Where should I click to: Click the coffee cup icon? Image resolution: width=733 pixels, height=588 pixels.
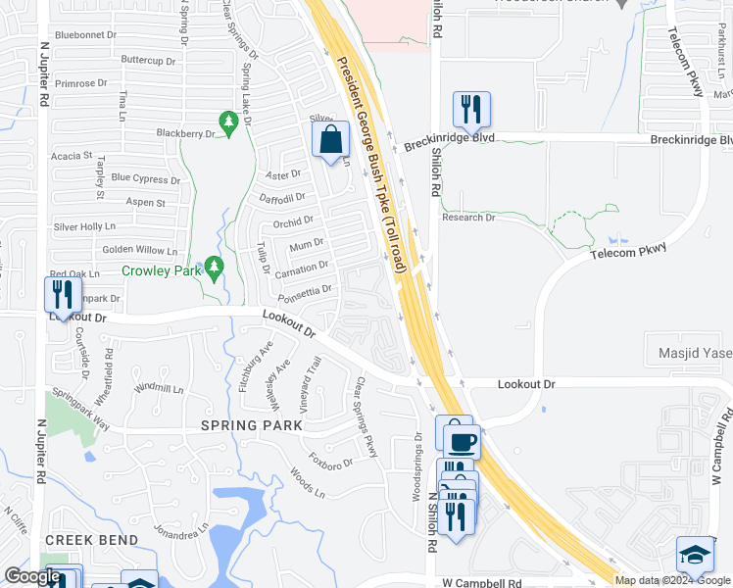point(462,441)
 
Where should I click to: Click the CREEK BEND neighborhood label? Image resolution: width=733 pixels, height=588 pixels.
point(83,540)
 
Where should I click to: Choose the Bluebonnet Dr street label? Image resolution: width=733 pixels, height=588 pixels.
point(86,34)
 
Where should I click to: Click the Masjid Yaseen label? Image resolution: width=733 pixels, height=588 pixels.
point(689,353)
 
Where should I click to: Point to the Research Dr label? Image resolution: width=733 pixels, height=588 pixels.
point(467,218)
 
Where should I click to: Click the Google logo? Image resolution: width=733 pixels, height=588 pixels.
point(32,576)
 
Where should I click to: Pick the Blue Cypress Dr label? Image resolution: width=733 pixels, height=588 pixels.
point(146,178)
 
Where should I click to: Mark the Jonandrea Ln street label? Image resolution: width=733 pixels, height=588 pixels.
point(181,529)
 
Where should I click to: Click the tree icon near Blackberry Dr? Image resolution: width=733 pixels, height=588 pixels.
point(229,122)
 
